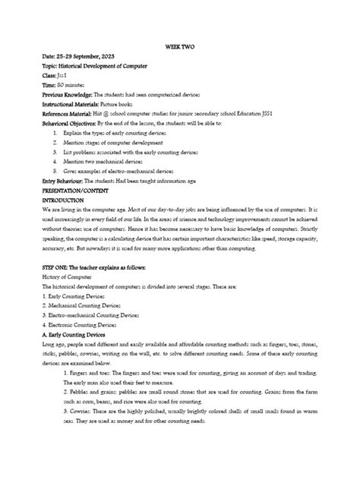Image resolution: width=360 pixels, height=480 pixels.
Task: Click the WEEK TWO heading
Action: pos(180,46)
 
